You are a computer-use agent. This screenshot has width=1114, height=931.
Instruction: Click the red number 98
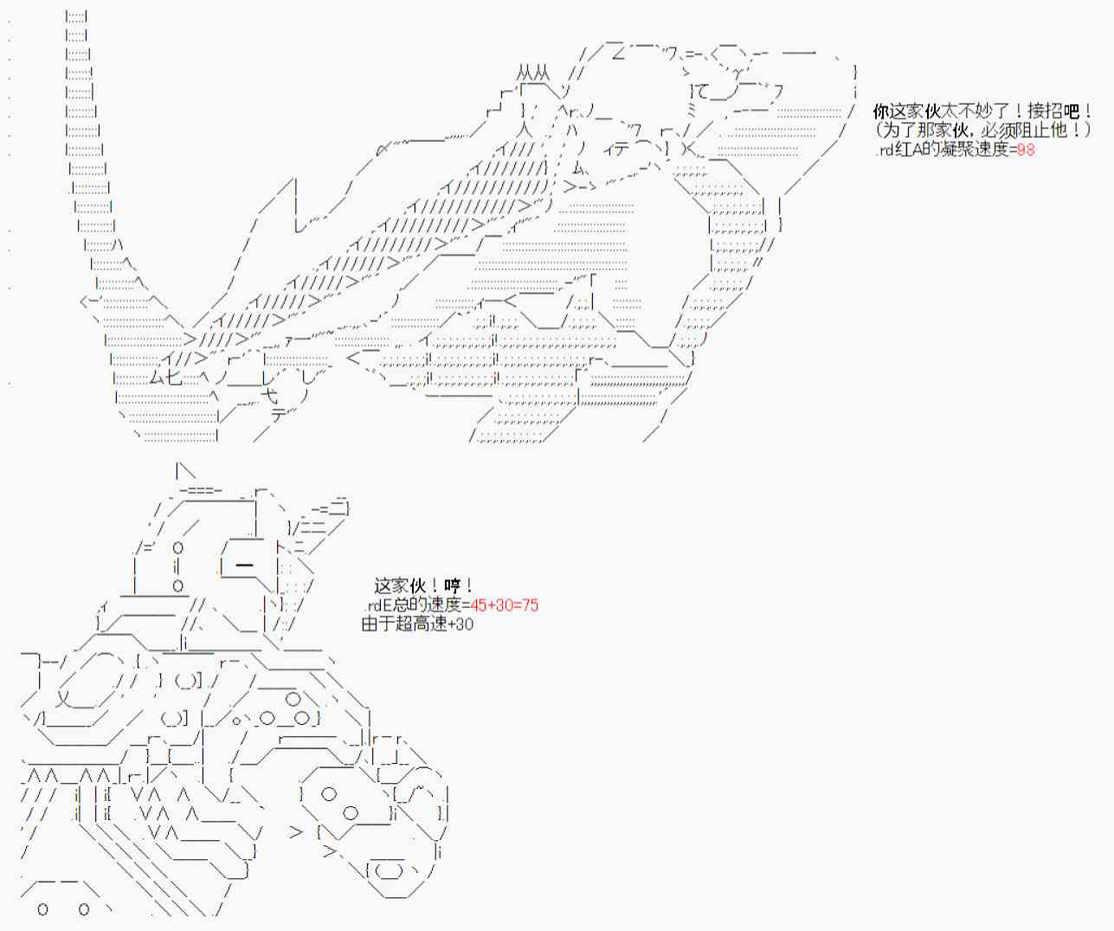(1026, 150)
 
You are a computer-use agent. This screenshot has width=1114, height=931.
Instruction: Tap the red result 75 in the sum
(530, 605)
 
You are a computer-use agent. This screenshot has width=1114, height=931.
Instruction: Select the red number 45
(479, 605)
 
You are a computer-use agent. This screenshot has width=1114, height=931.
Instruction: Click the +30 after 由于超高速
(461, 624)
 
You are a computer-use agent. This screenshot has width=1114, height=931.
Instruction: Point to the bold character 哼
(453, 585)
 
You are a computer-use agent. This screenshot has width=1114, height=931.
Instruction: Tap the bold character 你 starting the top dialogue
(881, 112)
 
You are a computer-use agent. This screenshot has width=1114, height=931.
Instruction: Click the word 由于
(378, 624)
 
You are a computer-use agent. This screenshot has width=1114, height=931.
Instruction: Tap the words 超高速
(422, 624)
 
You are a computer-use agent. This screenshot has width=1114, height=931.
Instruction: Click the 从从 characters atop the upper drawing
(533, 73)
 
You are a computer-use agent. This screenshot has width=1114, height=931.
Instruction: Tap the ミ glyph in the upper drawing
(692, 109)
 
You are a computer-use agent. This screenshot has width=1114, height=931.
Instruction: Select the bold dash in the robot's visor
(244, 565)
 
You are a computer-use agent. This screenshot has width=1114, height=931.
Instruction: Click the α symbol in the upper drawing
(382, 150)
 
